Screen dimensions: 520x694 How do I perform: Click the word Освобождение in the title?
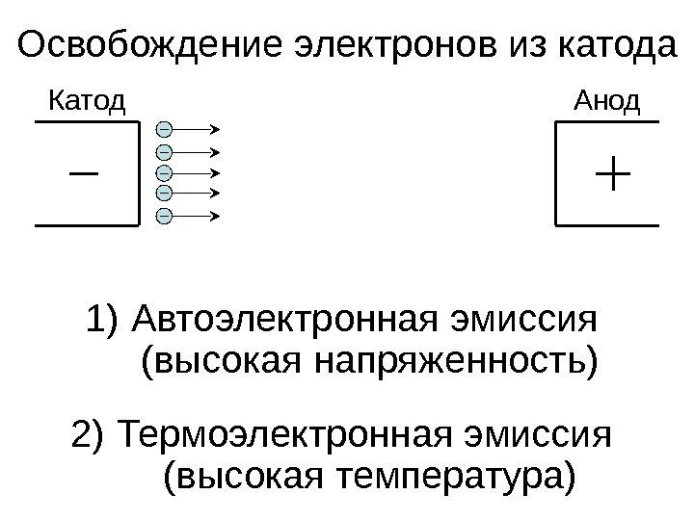[141, 44]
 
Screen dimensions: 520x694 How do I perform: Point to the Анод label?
[607, 99]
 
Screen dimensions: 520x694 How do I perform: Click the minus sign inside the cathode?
[85, 174]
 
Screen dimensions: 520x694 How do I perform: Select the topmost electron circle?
[164, 128]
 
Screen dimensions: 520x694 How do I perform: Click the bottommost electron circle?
[164, 215]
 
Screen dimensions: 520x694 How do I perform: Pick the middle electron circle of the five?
[164, 172]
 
